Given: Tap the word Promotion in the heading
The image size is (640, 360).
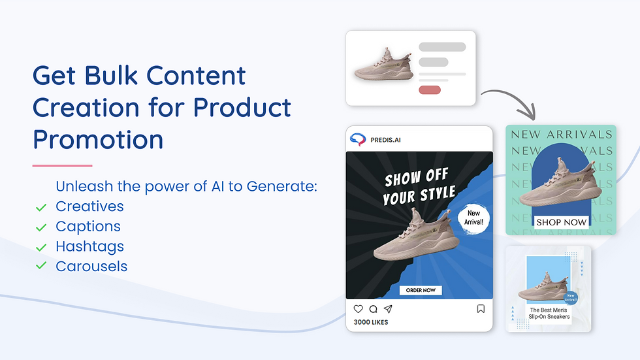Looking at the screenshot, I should click(98, 140).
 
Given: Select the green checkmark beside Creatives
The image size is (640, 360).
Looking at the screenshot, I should click(41, 208).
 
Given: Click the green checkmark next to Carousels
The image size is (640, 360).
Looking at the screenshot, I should click(41, 267).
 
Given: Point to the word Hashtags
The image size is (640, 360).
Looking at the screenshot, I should click(89, 246).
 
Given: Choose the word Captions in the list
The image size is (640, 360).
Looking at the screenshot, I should click(88, 227).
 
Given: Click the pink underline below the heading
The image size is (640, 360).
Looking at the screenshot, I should click(62, 165).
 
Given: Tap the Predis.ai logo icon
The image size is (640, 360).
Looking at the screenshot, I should click(357, 139).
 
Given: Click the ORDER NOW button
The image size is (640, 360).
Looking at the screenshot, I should click(421, 290).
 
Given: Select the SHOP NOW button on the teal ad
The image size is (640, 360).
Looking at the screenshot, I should click(562, 222).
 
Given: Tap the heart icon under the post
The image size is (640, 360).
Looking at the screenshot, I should click(358, 309).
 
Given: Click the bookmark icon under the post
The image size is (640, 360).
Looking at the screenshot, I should click(481, 309).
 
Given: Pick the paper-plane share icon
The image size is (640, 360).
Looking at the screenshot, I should click(388, 309).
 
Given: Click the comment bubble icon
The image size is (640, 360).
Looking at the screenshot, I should click(373, 309).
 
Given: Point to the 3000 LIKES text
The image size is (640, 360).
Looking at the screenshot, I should click(371, 322).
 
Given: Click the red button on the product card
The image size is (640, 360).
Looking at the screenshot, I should click(429, 90).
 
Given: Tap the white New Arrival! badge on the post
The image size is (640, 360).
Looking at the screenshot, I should click(473, 217).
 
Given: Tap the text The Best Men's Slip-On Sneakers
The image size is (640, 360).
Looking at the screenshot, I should click(549, 314).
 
